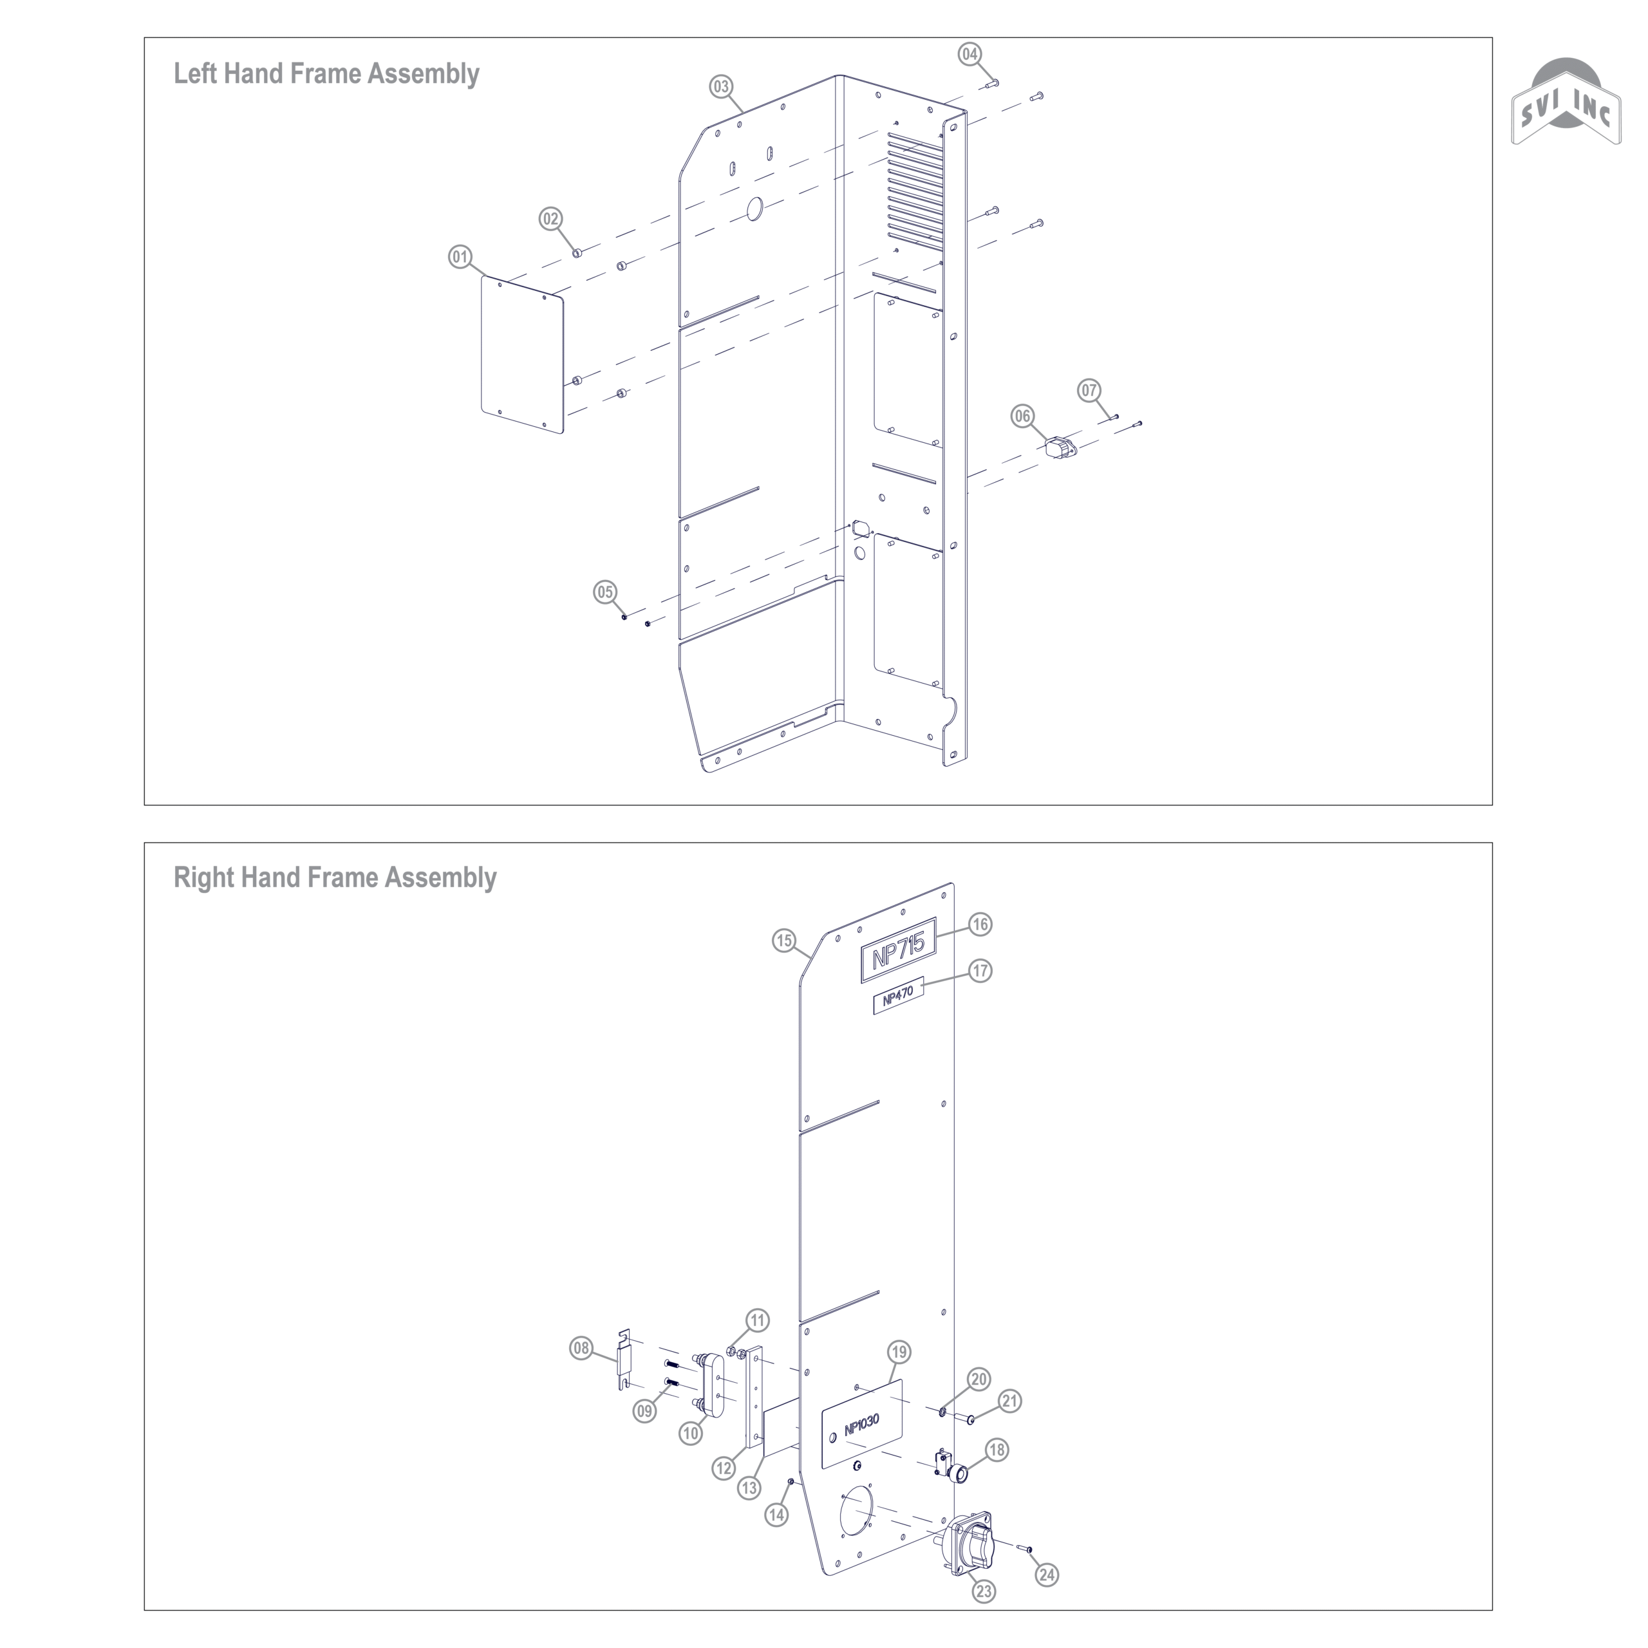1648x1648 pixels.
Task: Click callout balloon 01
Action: click(461, 257)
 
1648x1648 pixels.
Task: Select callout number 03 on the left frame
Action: click(722, 86)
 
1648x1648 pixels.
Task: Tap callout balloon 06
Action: click(1023, 417)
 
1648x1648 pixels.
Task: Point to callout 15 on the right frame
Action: click(785, 941)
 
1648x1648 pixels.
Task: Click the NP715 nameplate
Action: click(898, 950)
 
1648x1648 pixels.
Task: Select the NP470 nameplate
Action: click(898, 995)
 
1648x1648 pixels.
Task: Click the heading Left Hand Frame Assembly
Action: click(326, 74)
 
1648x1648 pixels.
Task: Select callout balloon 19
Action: click(899, 1352)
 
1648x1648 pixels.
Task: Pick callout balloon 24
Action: click(1047, 1575)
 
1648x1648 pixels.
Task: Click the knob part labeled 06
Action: click(1058, 448)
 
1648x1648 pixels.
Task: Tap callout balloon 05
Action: click(604, 592)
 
